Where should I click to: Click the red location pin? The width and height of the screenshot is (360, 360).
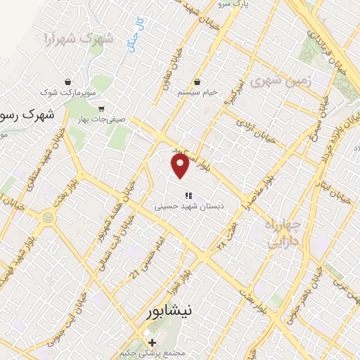[181, 166]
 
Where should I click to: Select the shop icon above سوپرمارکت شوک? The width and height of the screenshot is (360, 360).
[67, 82]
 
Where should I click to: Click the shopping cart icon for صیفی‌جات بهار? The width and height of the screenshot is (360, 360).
[101, 108]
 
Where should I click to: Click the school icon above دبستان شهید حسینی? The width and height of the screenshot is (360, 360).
[188, 195]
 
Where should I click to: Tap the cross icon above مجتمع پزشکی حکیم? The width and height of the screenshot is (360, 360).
[152, 342]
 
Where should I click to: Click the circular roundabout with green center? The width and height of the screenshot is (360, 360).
[47, 219]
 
